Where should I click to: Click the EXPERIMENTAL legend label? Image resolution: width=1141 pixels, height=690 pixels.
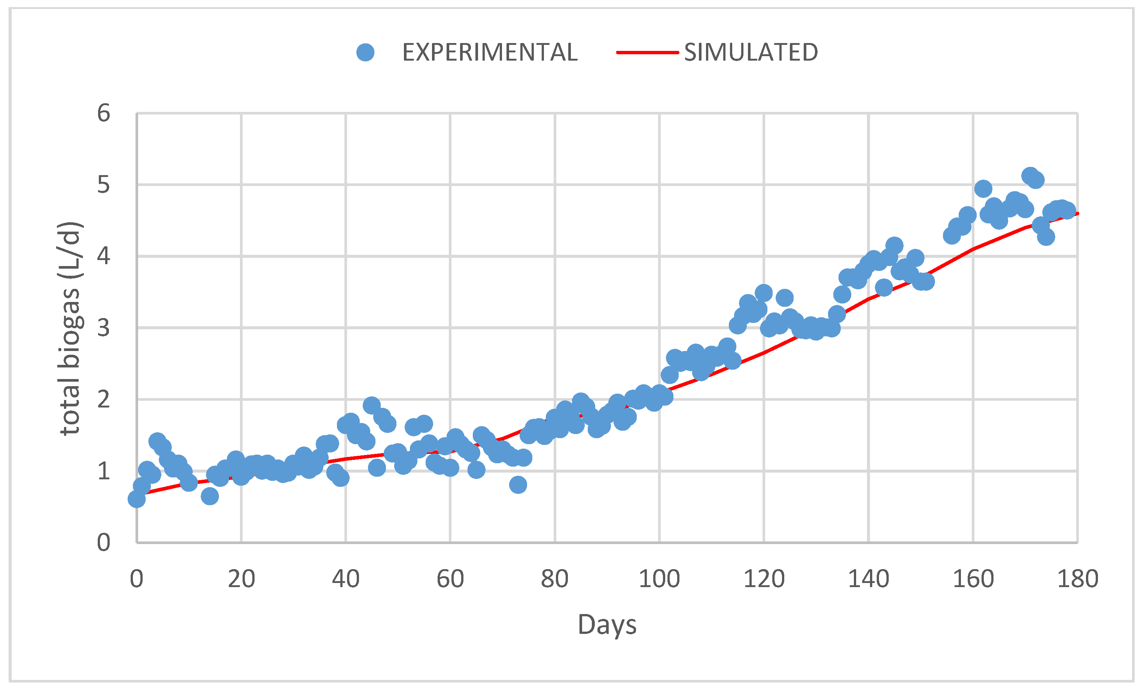[x=490, y=52]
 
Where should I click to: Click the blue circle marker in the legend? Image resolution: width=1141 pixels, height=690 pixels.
[x=365, y=52]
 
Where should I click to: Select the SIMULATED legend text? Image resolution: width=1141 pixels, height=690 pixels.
[x=751, y=52]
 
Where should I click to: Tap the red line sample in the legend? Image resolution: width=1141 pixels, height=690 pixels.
[x=647, y=53]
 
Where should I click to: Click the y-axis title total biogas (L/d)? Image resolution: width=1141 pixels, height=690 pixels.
[x=70, y=329]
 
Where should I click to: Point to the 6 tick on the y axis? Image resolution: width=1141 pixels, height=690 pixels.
[x=103, y=113]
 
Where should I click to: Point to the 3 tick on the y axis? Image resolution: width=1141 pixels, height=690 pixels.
[x=103, y=328]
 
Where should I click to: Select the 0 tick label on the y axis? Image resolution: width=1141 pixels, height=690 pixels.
[x=103, y=542]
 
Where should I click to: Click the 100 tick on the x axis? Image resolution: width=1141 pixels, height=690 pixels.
[x=659, y=579]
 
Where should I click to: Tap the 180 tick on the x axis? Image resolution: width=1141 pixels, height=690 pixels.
[x=1078, y=579]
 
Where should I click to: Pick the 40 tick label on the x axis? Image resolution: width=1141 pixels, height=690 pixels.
[x=346, y=579]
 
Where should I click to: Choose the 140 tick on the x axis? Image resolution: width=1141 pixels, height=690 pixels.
[x=868, y=579]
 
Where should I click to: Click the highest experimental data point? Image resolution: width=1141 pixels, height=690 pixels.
[x=1030, y=176]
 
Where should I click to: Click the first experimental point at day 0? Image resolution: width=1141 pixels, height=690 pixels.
[x=136, y=499]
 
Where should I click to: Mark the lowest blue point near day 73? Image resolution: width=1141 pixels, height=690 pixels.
[x=518, y=485]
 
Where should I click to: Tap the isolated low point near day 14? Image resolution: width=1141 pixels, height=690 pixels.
[x=210, y=496]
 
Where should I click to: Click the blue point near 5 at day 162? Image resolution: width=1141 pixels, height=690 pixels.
[x=983, y=189]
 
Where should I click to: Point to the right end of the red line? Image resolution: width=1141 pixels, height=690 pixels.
[x=1078, y=213]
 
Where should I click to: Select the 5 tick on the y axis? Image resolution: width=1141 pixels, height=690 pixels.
[x=103, y=184]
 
